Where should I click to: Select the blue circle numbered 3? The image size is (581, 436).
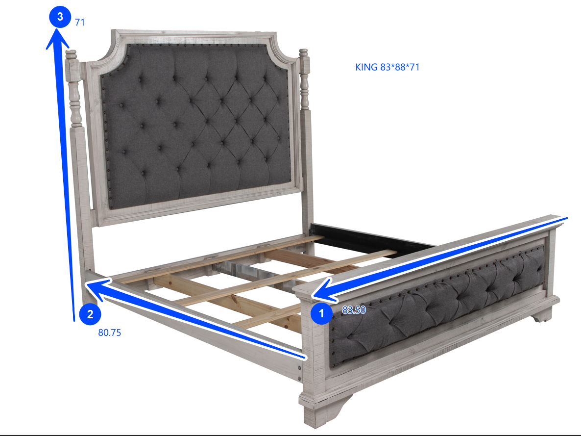pyautogui.click(x=60, y=17)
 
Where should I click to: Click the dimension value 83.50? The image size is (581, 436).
pyautogui.click(x=354, y=310)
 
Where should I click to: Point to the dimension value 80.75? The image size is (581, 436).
pyautogui.click(x=110, y=333)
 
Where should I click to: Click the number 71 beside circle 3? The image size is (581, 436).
pyautogui.click(x=80, y=22)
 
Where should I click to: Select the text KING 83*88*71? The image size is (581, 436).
pyautogui.click(x=387, y=67)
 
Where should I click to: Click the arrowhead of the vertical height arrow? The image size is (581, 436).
pyautogui.click(x=56, y=37)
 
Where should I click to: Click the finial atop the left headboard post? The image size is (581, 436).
pyautogui.click(x=71, y=53)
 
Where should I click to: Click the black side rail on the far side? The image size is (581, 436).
pyautogui.click(x=372, y=238)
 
